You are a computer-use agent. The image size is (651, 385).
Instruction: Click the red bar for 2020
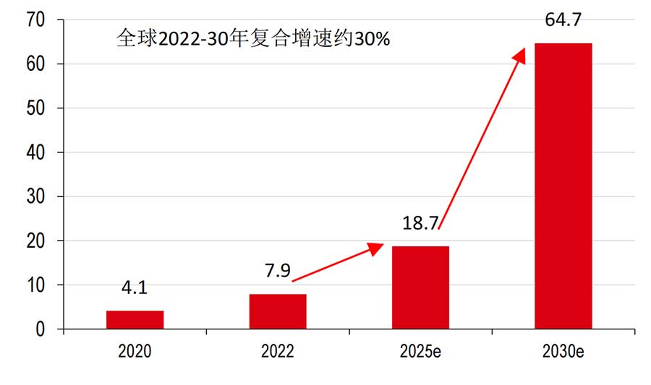135,320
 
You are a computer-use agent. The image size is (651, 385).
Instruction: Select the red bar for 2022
278,311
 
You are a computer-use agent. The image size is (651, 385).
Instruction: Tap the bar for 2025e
420,287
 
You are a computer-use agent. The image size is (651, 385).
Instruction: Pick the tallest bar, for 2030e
563,186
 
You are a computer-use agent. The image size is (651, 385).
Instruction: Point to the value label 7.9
278,272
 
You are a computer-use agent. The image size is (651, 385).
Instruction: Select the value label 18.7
420,223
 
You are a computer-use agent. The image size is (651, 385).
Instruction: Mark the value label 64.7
563,20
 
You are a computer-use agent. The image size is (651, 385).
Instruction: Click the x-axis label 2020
135,352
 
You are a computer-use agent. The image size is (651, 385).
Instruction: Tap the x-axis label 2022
278,352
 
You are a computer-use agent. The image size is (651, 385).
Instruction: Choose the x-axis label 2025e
420,352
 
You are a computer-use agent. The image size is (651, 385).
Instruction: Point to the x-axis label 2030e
563,352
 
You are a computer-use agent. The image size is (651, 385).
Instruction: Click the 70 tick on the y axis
35,20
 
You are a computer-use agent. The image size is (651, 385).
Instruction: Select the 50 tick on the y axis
35,108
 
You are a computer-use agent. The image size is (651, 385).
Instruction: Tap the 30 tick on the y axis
35,196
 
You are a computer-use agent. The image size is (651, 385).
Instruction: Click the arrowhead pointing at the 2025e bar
375,248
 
